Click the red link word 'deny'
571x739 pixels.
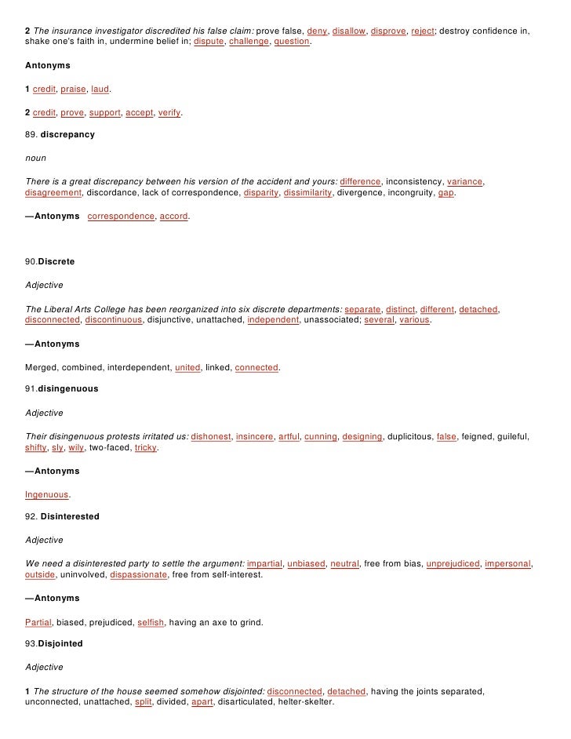[x=315, y=30]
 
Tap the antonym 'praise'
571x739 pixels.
[x=73, y=89]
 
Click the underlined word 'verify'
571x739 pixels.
[x=169, y=113]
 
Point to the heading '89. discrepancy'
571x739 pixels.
[x=60, y=135]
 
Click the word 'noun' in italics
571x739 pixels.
[x=35, y=158]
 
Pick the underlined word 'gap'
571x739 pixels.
[x=446, y=192]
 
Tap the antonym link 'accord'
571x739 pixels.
[x=173, y=216]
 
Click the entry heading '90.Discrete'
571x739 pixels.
[x=50, y=263]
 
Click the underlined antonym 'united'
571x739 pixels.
[x=187, y=367]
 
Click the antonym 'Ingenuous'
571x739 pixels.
[x=47, y=495]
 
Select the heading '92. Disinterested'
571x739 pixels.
[x=62, y=517]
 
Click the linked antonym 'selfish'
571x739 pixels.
[x=151, y=622]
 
